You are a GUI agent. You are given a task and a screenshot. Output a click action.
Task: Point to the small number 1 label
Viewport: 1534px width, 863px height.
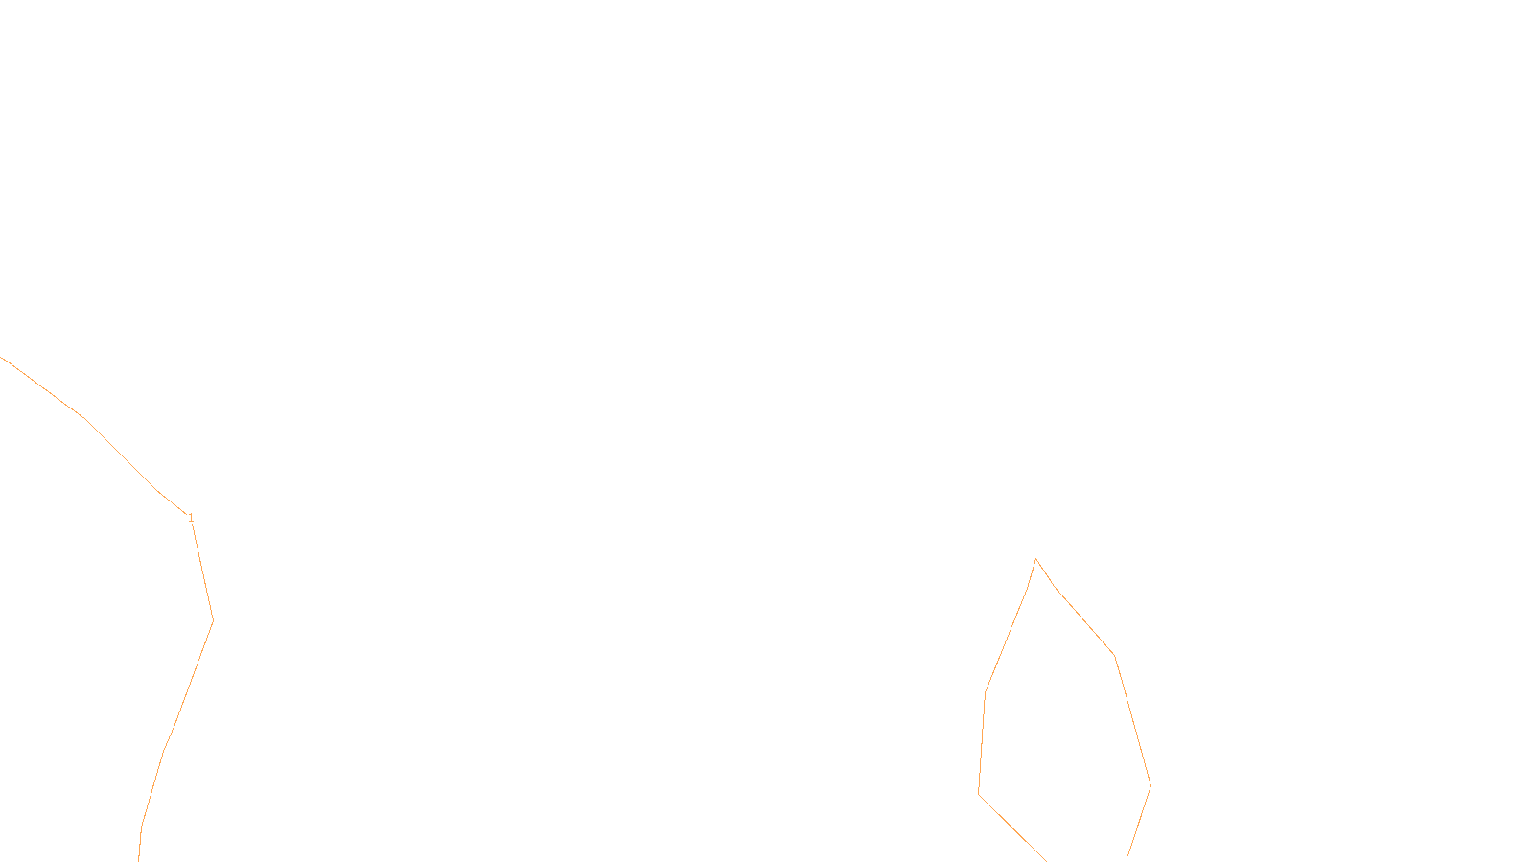(191, 518)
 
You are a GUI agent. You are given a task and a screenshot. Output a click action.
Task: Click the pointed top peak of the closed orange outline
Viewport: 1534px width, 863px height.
(1035, 559)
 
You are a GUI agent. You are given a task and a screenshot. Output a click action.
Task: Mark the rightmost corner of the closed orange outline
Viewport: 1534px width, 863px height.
(1150, 786)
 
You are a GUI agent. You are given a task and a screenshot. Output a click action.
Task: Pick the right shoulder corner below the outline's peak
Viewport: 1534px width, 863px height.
(1114, 656)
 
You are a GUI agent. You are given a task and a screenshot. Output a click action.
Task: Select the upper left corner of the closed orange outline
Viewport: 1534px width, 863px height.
(986, 692)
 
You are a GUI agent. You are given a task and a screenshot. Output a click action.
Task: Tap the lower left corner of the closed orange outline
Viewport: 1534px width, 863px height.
(978, 793)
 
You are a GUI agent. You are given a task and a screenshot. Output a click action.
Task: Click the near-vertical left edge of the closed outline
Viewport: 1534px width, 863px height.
(982, 743)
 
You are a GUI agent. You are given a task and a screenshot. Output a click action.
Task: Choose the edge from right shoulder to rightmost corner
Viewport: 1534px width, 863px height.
(1132, 721)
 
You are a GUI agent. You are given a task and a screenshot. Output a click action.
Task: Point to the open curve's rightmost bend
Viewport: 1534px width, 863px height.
(213, 620)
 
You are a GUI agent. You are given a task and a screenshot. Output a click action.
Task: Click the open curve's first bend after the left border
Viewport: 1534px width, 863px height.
(86, 419)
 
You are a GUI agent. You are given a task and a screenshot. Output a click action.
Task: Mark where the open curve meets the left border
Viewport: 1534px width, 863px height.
(2, 358)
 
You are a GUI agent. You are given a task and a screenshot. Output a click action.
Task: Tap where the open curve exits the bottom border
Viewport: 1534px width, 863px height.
(139, 859)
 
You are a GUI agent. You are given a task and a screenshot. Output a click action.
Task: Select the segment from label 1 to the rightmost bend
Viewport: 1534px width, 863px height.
(202, 570)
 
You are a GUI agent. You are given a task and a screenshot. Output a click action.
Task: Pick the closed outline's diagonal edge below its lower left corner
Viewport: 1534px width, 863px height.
(1011, 827)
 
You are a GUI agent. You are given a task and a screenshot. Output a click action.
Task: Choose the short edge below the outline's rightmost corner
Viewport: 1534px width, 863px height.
(1140, 822)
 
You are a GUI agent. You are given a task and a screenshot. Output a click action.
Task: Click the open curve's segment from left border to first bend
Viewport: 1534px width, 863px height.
(44, 388)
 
